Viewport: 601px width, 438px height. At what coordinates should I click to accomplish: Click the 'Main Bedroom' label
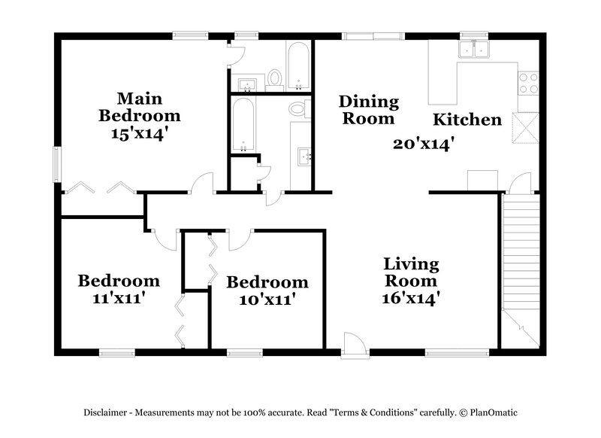[x=139, y=107]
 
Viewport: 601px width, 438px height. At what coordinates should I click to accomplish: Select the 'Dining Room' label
[x=367, y=110]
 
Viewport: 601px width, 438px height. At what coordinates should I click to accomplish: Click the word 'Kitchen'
[x=467, y=120]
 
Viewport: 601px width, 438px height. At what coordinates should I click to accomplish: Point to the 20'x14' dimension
[x=424, y=144]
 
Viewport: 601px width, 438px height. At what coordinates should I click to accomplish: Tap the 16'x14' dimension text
[x=410, y=298]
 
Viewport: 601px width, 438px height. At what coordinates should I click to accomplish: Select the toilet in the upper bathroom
[x=274, y=78]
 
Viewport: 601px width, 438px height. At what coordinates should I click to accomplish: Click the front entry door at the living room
[x=353, y=344]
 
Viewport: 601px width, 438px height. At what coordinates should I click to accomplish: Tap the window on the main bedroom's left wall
[x=56, y=163]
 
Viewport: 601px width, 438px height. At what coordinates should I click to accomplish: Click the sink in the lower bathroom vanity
[x=304, y=157]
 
